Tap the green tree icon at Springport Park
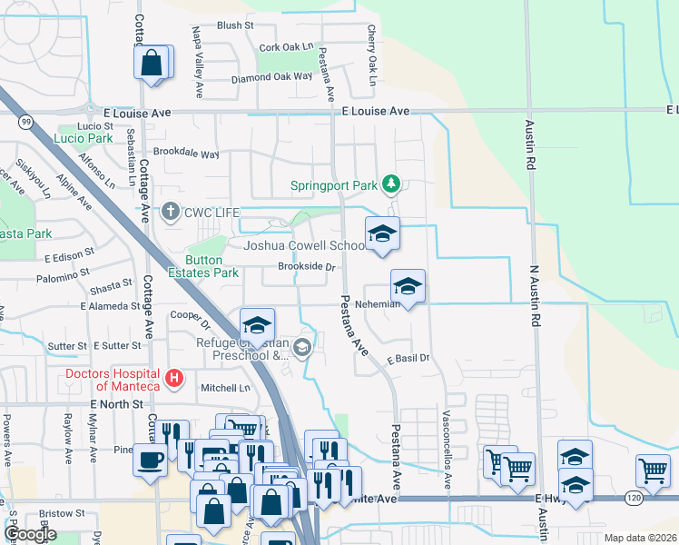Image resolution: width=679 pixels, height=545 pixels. coord(391,185)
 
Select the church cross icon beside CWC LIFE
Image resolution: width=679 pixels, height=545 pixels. coord(170,213)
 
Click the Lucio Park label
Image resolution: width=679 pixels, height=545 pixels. coord(83,139)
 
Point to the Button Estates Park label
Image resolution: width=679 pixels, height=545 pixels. coord(212,265)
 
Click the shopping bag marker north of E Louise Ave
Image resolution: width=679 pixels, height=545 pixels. coord(152,64)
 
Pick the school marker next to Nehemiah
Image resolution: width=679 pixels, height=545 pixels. coord(408,286)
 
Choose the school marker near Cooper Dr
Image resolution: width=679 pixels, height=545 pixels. coord(258,325)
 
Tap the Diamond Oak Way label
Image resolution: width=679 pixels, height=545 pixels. coord(271,78)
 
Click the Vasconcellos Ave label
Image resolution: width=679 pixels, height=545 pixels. coord(448,448)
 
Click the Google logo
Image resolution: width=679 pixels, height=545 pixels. coord(30,533)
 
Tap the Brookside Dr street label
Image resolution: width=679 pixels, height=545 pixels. coord(307,268)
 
